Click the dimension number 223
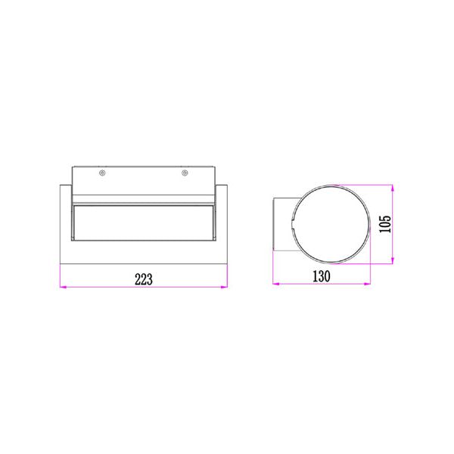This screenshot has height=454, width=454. click(x=144, y=278)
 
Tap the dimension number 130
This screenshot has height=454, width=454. click(x=322, y=277)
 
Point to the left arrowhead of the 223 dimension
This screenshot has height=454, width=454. click(x=63, y=288)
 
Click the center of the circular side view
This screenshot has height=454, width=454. click(x=330, y=223)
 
